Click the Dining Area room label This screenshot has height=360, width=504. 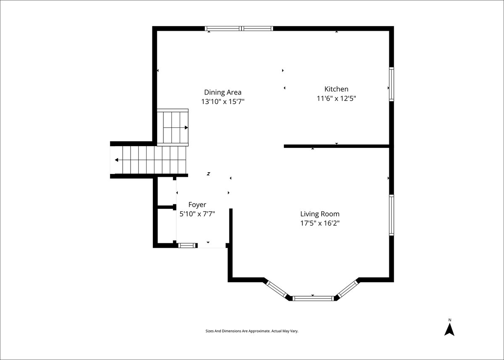(223, 92)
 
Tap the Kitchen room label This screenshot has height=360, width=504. (336, 89)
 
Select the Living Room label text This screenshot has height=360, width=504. (320, 214)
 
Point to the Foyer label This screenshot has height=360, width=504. (197, 205)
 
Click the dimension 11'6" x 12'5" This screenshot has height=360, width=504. (336, 99)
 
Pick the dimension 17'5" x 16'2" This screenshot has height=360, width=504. (320, 223)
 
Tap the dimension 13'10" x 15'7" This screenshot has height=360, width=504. (223, 102)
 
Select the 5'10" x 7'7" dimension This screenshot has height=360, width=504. (197, 214)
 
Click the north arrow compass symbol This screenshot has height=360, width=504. (449, 330)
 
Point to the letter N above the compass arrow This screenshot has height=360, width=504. (450, 320)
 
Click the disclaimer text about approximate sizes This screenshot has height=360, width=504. (252, 331)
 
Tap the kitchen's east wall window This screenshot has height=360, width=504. (391, 84)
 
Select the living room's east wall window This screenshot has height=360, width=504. (391, 215)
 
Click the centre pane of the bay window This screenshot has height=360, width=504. (313, 299)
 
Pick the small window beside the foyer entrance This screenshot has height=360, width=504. (188, 245)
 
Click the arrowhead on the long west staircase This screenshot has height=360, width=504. (117, 160)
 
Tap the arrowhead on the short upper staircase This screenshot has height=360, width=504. (186, 128)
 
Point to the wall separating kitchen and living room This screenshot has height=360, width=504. (336, 146)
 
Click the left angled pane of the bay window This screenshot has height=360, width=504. (276, 289)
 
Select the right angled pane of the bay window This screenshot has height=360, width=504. (348, 289)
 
